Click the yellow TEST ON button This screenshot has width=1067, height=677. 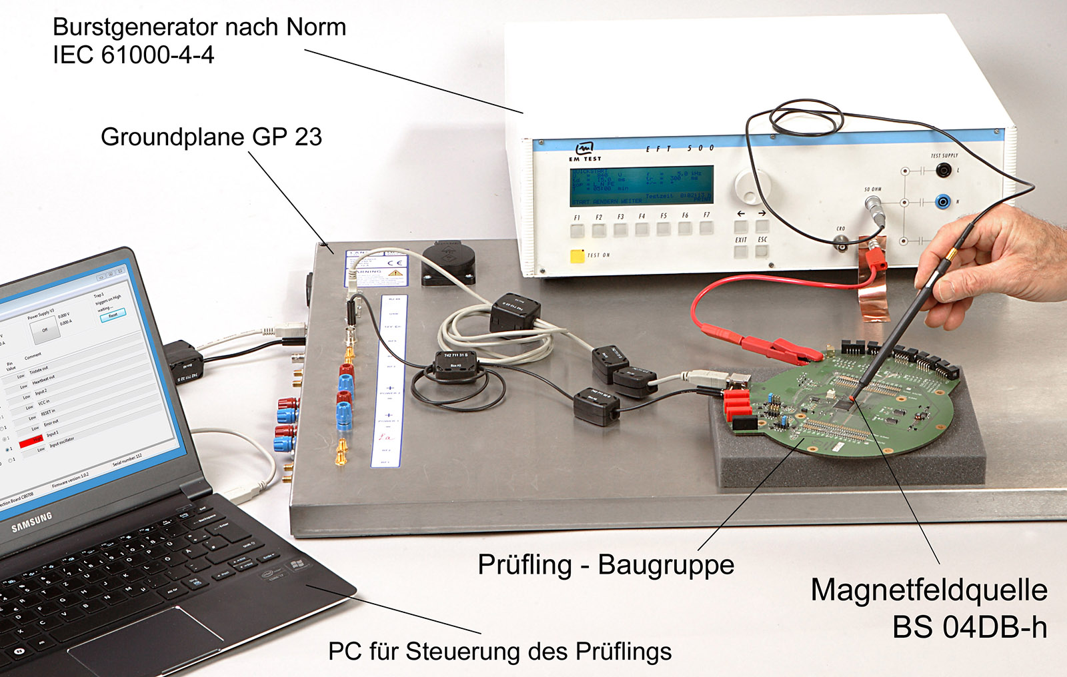[577, 256]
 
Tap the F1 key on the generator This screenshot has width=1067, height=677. [578, 231]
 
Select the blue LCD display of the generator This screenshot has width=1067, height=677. [642, 185]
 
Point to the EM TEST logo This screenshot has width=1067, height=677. [585, 151]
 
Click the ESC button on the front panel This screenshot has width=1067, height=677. [762, 251]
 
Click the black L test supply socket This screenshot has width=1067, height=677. [942, 171]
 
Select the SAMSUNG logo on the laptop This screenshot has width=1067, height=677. [31, 522]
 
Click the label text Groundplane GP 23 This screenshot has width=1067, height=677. [211, 137]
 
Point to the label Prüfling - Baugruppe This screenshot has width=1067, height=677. [606, 564]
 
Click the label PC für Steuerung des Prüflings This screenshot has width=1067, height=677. [499, 651]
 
